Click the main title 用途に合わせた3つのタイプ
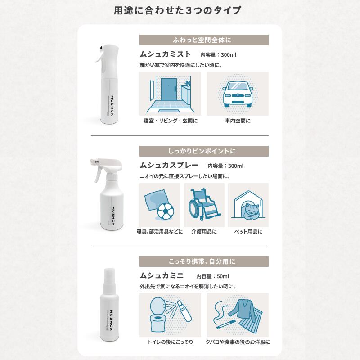click(177, 10)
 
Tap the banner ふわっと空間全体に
click(204, 40)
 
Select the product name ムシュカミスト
click(165, 54)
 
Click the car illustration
click(238, 94)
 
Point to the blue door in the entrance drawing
click(169, 90)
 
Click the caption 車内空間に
click(238, 121)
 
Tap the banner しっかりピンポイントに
click(204, 151)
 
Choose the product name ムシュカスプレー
click(169, 165)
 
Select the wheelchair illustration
click(204, 204)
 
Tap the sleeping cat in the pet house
click(251, 211)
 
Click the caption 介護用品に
click(204, 232)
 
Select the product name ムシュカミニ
click(162, 275)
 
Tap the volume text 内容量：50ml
click(212, 276)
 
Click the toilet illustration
click(158, 314)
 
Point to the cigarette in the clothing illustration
click(226, 324)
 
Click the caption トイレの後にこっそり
click(170, 342)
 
